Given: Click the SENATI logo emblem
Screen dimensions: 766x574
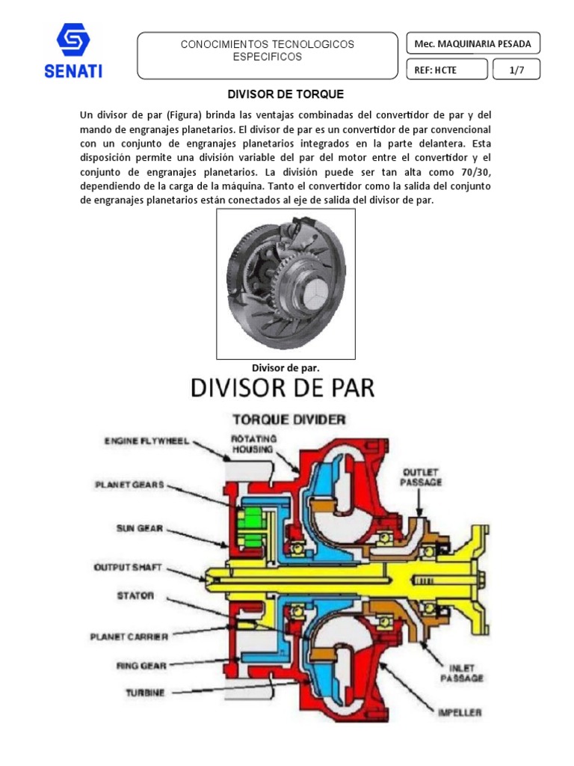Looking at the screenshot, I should click(73, 40).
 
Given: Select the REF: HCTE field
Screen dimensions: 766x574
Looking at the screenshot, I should click(445, 70).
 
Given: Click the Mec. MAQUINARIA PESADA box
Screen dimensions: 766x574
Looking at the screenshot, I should click(472, 43).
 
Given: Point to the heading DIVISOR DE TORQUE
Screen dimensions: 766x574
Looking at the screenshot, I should click(286, 94).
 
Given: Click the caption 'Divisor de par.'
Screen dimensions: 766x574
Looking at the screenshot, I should click(286, 367).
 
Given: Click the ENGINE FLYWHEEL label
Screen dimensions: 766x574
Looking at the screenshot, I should click(147, 441).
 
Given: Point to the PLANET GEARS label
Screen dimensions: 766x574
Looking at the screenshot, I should click(129, 484).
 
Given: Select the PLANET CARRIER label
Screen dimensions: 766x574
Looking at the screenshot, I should click(129, 637).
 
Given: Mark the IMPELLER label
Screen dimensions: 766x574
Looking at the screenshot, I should click(460, 712).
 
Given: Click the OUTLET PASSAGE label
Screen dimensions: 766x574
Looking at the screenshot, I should click(422, 477).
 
